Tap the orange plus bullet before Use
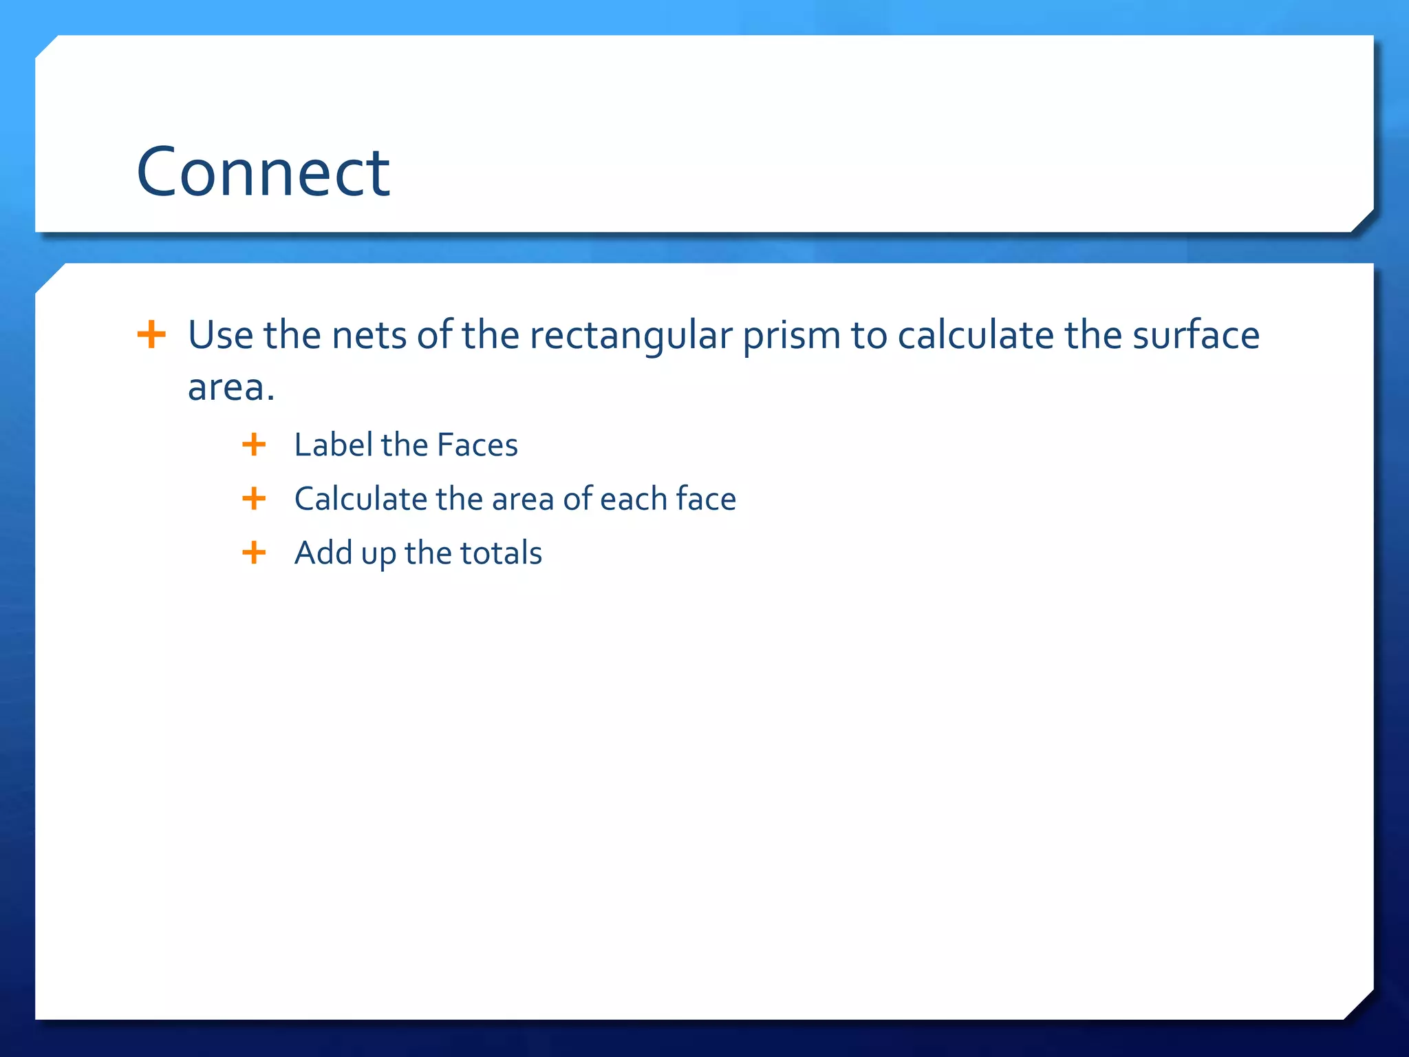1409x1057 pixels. (151, 335)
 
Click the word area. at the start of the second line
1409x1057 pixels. (231, 387)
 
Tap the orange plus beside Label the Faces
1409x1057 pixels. (254, 445)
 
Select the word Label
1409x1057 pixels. (334, 445)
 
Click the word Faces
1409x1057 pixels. (477, 445)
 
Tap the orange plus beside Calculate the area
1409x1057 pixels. (254, 498)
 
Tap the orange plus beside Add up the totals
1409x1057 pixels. (254, 553)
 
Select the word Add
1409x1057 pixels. (323, 553)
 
